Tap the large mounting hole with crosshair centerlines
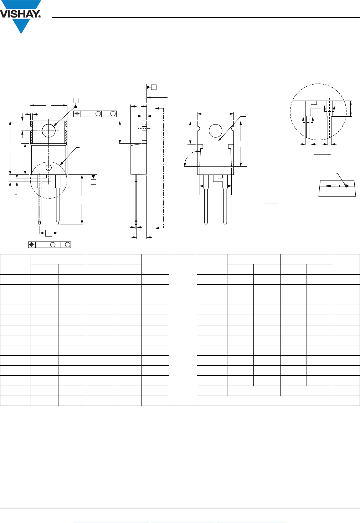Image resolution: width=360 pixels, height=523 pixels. (x=48, y=131)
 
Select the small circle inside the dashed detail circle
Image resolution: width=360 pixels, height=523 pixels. (x=48, y=167)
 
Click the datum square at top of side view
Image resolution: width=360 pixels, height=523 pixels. (x=154, y=87)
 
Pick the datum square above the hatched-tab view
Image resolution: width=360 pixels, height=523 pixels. (x=76, y=100)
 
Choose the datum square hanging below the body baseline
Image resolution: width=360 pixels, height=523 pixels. (x=93, y=182)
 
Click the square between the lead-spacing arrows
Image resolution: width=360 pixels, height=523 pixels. (x=48, y=233)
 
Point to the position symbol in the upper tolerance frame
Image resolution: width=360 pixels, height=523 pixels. (x=77, y=114)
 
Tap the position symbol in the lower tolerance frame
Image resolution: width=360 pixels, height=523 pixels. (x=32, y=245)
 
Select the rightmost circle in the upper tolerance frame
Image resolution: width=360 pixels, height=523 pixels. (x=113, y=114)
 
